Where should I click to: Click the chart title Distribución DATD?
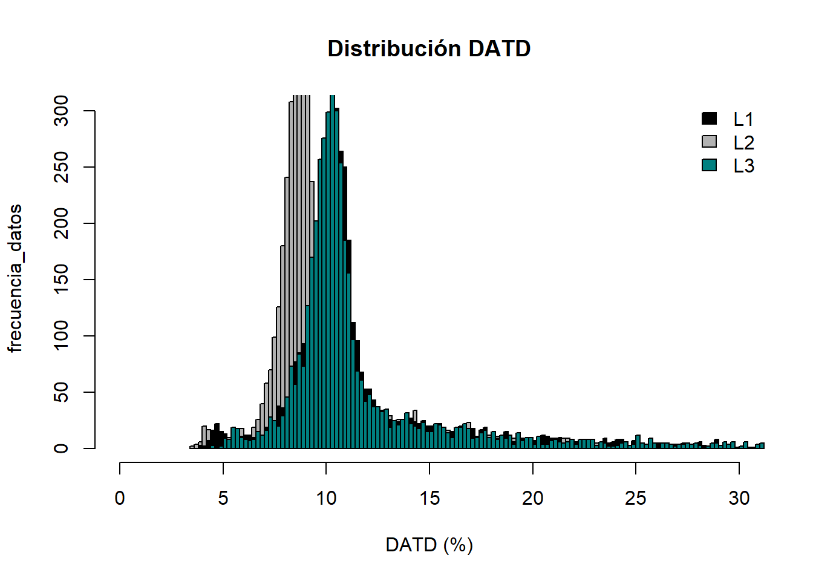[x=429, y=48]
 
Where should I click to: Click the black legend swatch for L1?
[x=709, y=118]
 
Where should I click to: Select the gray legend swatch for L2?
[x=709, y=142]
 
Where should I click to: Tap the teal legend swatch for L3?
[x=709, y=165]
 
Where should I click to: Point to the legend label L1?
[x=743, y=119]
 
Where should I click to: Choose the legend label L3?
[x=743, y=166]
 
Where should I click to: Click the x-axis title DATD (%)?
[x=429, y=545]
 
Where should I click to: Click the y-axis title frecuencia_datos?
[x=15, y=278]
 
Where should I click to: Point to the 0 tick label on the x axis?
[x=120, y=498]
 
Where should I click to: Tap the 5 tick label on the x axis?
[x=223, y=498]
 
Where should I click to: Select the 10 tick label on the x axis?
[x=326, y=498]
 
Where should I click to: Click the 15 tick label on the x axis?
[x=429, y=498]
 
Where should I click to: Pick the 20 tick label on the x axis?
[x=532, y=498]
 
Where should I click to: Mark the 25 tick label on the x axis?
[x=636, y=498]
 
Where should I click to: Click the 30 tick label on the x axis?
[x=739, y=498]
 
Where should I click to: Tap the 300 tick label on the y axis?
[x=61, y=111]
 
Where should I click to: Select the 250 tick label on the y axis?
[x=61, y=167]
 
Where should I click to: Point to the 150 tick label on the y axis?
[x=61, y=280]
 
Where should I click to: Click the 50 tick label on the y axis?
[x=61, y=392]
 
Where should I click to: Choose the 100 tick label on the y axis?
[x=61, y=336]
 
